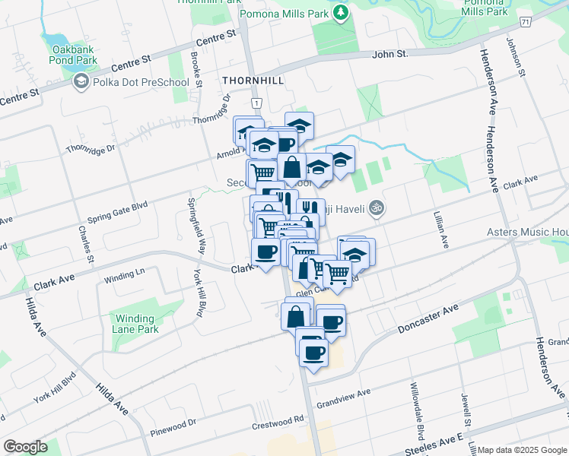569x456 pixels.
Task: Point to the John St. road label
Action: pyautogui.click(x=390, y=54)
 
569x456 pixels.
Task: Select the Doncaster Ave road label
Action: pyautogui.click(x=428, y=319)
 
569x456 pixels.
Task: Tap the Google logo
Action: pyautogui.click(x=25, y=447)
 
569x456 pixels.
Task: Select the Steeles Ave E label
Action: pyautogui.click(x=434, y=445)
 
